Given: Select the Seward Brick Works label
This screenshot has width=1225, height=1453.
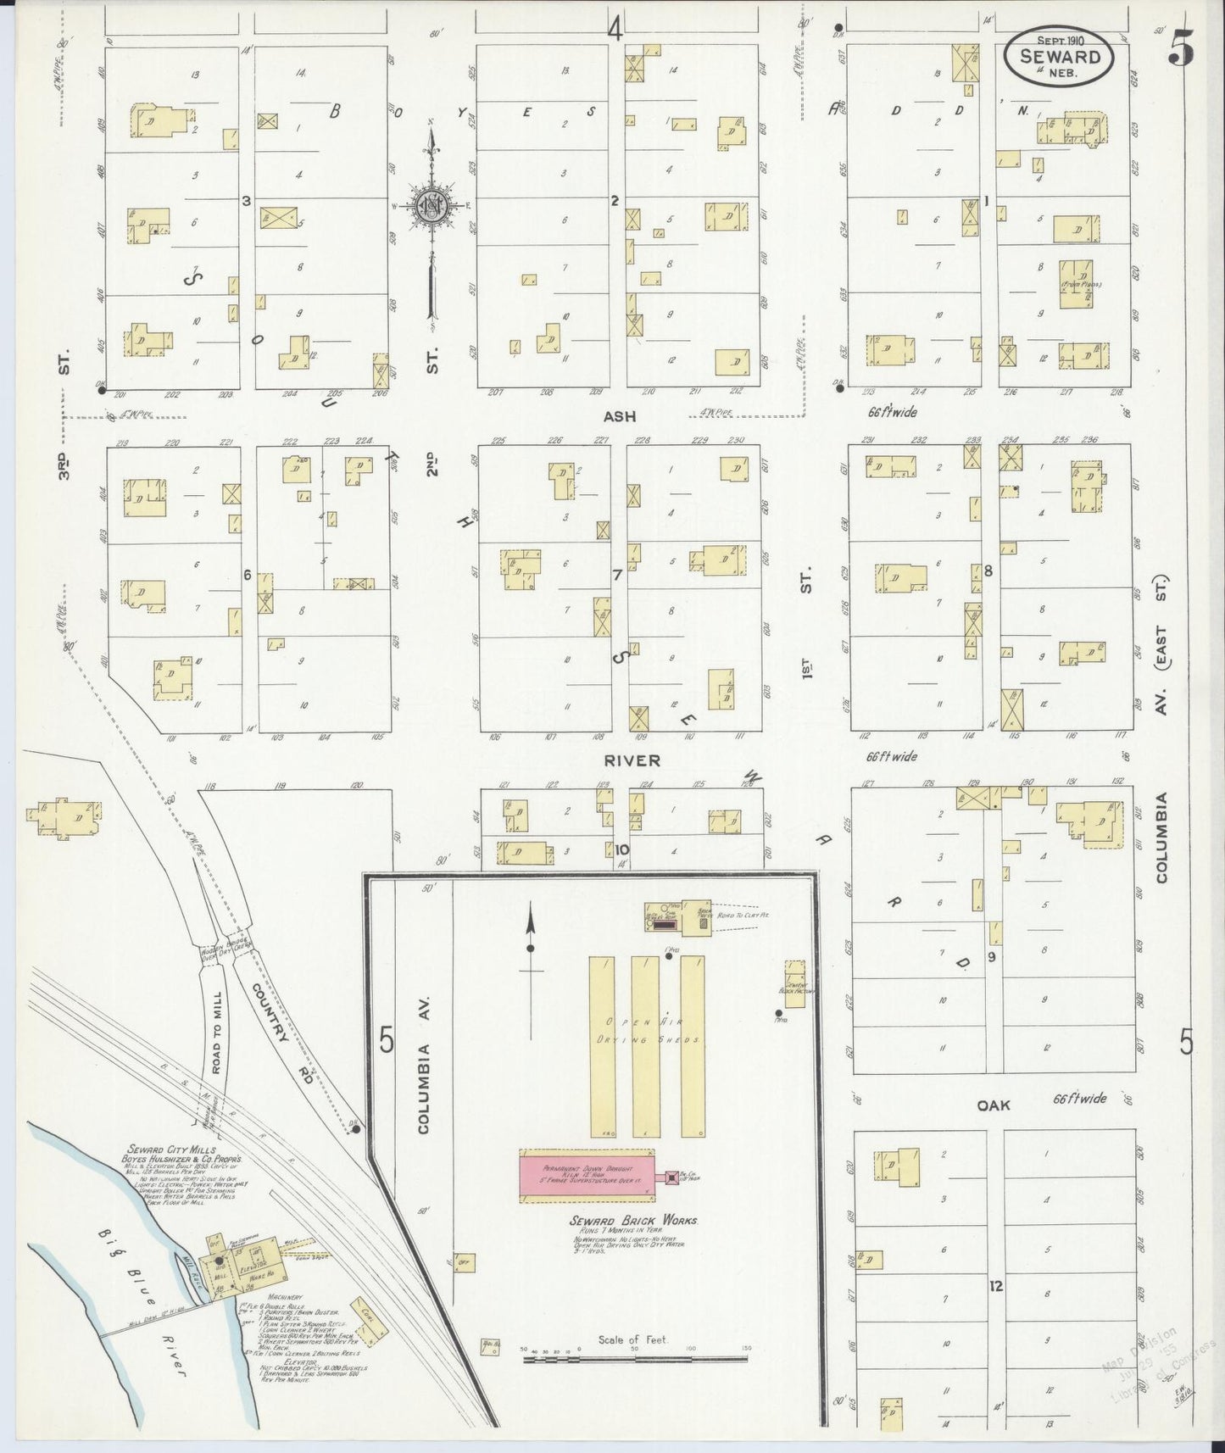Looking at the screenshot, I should click(x=634, y=1220).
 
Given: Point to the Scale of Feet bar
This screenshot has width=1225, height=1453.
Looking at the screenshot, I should click(x=636, y=1358).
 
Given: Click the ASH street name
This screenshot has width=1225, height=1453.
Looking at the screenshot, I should click(x=619, y=416).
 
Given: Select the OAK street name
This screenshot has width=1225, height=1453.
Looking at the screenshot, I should click(x=994, y=1105).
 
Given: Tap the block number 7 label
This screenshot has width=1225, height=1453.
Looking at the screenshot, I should click(x=618, y=575).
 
